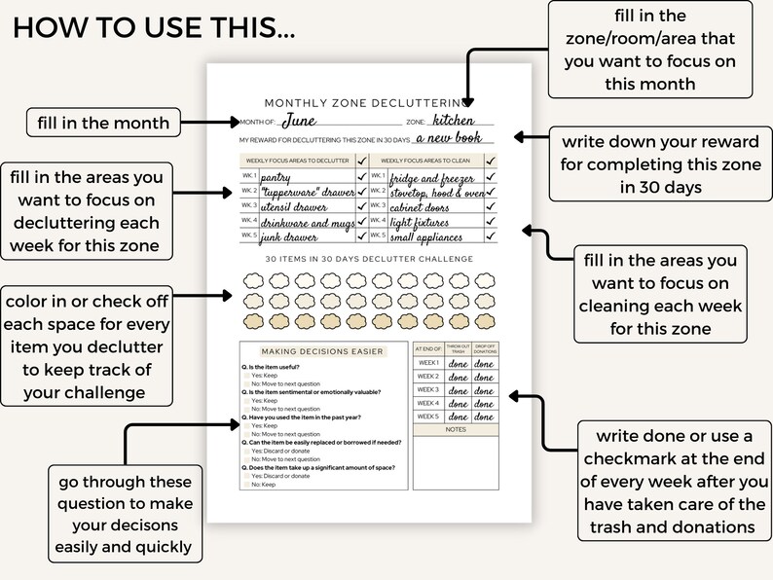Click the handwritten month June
(299, 122)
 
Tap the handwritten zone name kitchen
(456, 122)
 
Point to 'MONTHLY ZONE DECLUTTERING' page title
(371, 102)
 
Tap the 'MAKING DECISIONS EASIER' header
(322, 350)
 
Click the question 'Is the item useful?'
(287, 368)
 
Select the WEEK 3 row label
(428, 389)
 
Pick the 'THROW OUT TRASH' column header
(458, 348)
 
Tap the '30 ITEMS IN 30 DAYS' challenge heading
(371, 259)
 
